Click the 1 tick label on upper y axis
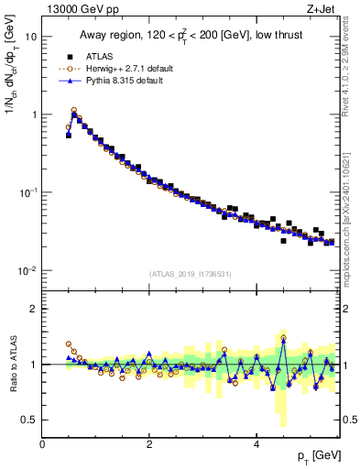34,115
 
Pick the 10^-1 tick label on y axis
29,193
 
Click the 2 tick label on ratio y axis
34,310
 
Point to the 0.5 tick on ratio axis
30,420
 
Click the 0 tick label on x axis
42,443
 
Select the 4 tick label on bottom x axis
256,443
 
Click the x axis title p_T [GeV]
318,456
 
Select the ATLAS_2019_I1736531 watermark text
191,274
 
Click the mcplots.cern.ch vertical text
351,220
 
